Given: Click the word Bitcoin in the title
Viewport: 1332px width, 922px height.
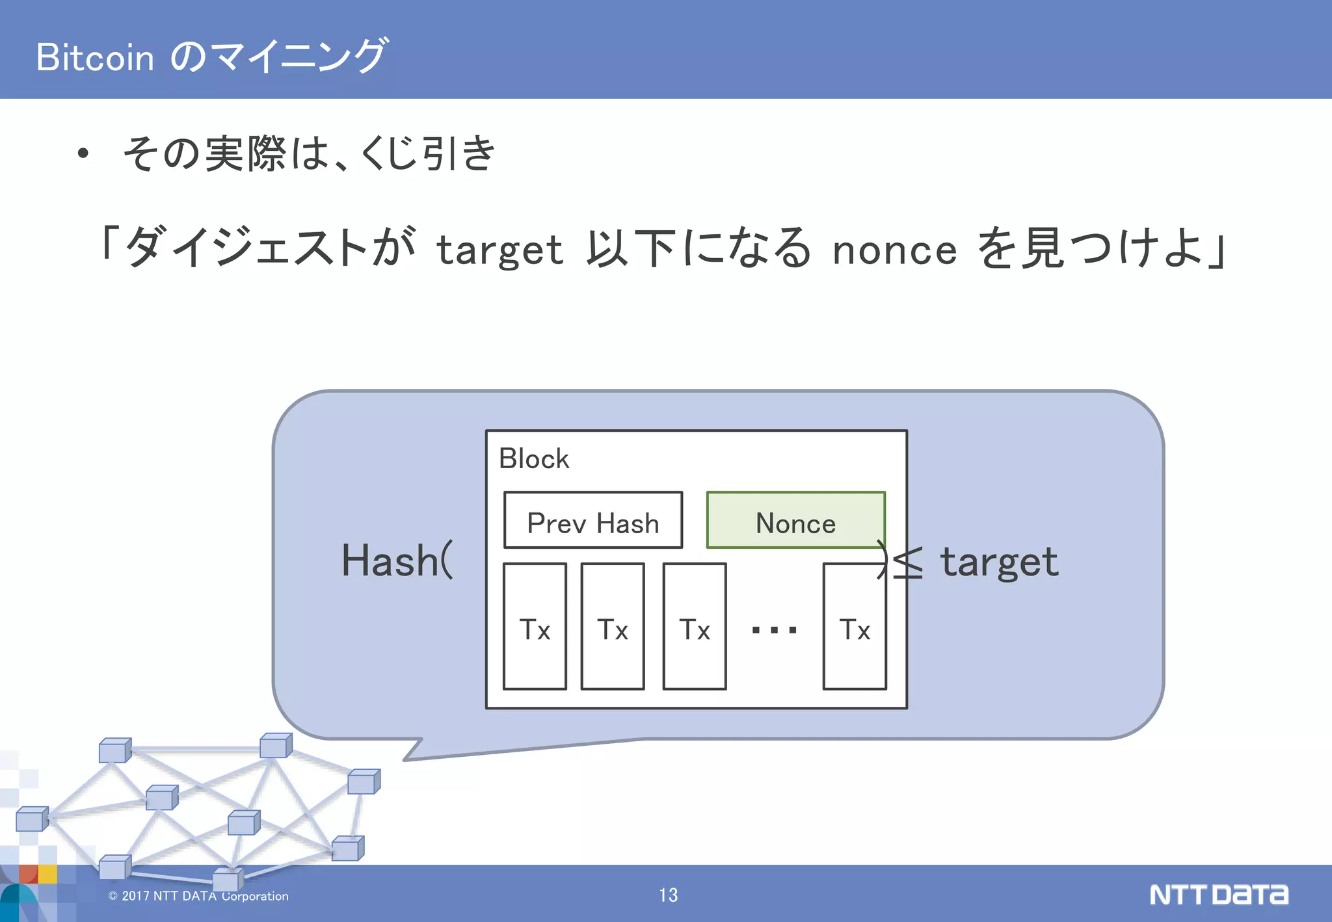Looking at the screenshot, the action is [95, 57].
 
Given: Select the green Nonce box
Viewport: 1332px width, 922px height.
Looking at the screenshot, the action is [795, 520].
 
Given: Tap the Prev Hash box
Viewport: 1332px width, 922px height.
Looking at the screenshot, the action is [593, 520].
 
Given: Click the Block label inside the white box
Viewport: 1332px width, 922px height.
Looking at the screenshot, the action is [533, 459].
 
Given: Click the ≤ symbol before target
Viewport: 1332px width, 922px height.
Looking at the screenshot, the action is [907, 563].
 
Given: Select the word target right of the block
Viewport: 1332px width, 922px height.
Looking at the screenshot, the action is [999, 563].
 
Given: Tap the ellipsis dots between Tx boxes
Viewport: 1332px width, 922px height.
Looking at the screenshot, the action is [774, 629].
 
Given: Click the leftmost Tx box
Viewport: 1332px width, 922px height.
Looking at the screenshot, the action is [535, 627].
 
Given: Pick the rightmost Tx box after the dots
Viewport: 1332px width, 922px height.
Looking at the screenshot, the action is [854, 627].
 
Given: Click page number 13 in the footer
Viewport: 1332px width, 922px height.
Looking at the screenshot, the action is [668, 895].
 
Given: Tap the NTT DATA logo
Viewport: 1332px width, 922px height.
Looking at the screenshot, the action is [1218, 895].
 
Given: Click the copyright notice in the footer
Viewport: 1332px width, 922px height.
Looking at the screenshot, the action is [199, 896].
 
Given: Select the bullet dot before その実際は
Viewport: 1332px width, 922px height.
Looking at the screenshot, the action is [83, 154].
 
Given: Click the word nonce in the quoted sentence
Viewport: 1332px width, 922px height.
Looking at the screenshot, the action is [894, 250].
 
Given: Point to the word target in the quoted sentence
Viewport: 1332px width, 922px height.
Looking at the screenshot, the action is [499, 250].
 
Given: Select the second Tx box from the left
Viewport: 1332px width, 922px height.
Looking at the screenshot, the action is [613, 627].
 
